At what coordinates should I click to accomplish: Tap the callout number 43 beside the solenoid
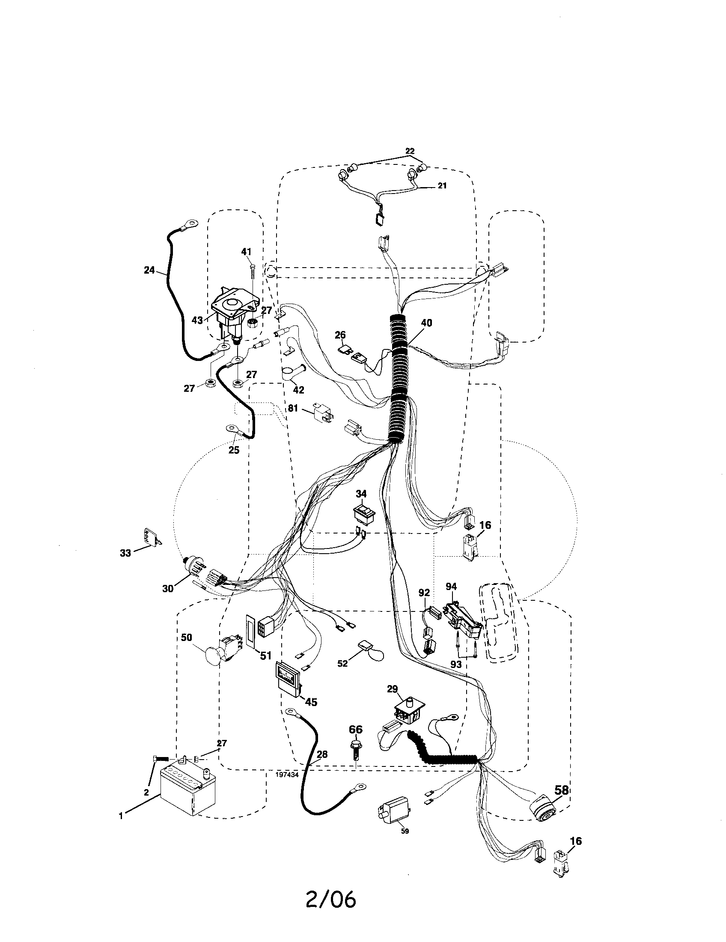coord(197,321)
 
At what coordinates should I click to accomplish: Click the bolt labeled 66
coord(356,749)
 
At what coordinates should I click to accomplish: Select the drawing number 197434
coord(286,775)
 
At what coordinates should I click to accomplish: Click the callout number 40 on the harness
coord(426,322)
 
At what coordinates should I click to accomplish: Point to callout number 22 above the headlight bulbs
coord(410,151)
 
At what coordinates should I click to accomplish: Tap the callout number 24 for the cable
coord(149,271)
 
